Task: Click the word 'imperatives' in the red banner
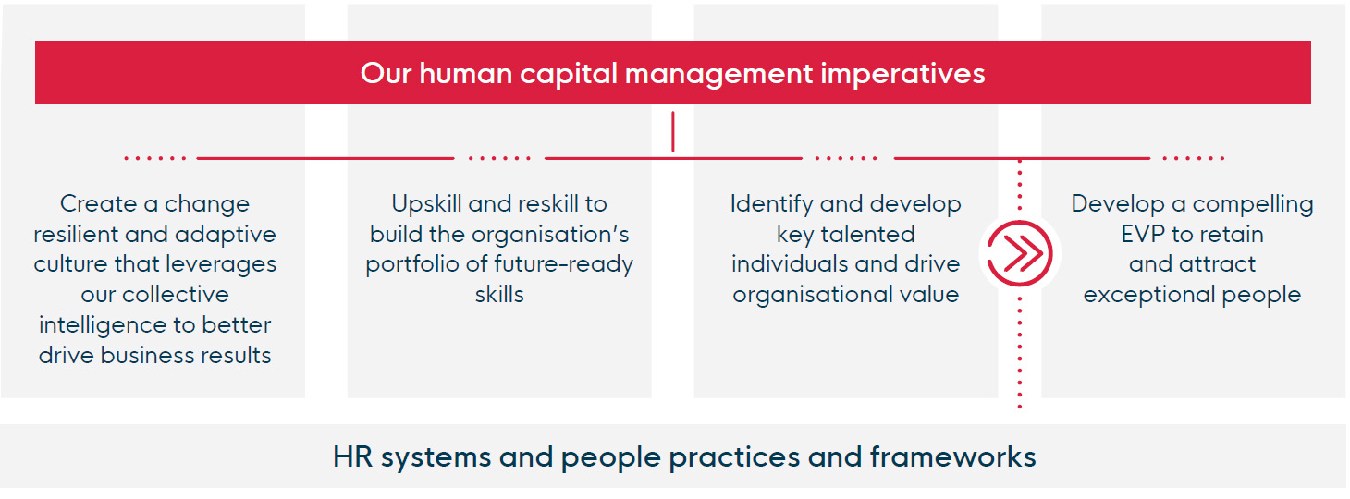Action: coord(902,74)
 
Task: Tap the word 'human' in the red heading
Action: coord(465,74)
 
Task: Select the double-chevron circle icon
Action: coord(1020,253)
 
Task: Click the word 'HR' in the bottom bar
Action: coord(352,456)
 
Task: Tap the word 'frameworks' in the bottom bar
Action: coord(952,456)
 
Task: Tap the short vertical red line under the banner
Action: coord(672,131)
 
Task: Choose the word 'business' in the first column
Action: coord(147,356)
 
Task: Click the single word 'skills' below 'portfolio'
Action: coord(499,295)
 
